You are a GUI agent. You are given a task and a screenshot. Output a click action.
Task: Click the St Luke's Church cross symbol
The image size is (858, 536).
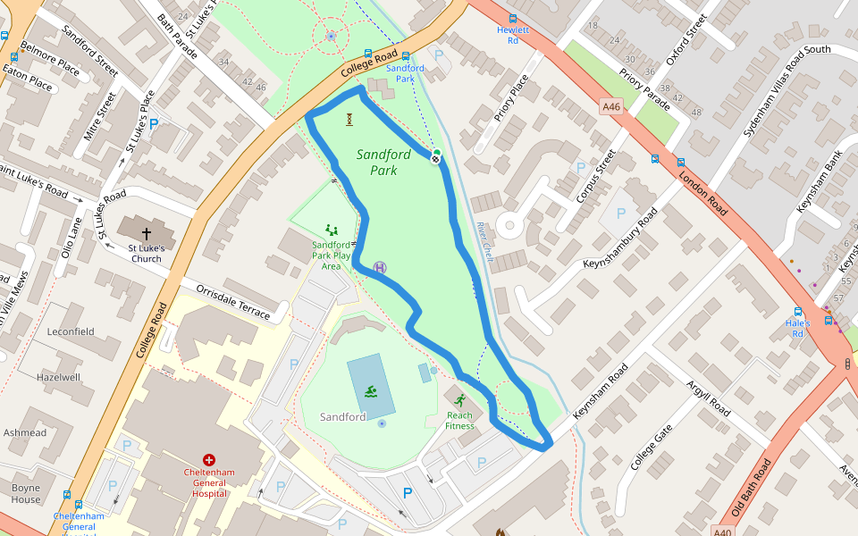pos(147,233)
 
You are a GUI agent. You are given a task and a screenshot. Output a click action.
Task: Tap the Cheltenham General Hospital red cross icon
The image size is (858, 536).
pos(209,458)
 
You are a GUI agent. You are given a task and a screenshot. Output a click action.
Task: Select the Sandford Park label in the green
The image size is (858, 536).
pos(383,162)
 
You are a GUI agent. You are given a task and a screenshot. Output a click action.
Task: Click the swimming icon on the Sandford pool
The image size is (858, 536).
pos(369,391)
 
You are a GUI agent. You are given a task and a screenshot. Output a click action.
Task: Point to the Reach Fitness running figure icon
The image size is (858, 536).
pos(460,400)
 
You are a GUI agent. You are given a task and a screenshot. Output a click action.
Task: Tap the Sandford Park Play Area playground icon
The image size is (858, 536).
pos(332,230)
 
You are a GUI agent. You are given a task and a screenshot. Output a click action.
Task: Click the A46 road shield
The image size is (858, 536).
pos(610,107)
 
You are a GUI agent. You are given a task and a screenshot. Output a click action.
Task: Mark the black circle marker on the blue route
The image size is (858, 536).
pos(435,158)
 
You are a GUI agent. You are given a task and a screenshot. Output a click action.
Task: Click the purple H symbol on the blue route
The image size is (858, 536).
pos(380,267)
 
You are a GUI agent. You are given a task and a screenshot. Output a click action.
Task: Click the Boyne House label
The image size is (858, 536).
pos(27,493)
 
